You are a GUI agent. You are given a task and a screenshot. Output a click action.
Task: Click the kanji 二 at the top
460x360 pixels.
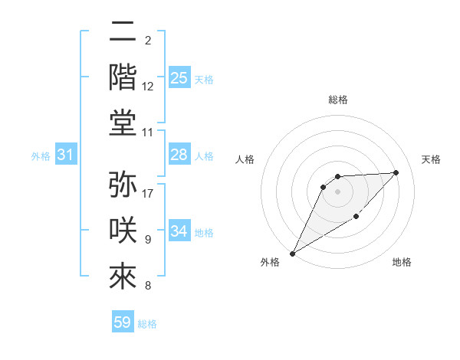pos(123,32)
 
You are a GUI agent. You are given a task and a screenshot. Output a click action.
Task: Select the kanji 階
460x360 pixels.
pos(123,78)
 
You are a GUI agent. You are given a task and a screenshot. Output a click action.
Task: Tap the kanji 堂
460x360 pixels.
pos(123,124)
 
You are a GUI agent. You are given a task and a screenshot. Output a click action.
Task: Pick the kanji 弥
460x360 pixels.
pos(123,185)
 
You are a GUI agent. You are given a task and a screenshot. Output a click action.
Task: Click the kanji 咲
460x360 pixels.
pos(123,231)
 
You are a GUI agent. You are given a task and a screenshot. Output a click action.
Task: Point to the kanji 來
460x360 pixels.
pos(123,277)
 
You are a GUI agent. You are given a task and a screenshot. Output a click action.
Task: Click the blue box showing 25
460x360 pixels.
pos(179,78)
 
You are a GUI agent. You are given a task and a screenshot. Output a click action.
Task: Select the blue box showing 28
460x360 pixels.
pos(179,155)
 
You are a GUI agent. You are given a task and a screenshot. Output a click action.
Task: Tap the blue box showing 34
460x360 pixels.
pos(179,231)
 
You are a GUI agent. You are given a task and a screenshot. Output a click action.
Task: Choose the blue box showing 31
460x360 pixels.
pos(66,155)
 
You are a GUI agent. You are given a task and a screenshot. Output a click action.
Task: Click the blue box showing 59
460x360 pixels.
pos(123,322)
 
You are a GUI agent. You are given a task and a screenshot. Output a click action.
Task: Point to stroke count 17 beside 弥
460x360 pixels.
pos(148,194)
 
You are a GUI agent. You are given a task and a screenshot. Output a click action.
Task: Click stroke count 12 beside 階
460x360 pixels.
pos(148,87)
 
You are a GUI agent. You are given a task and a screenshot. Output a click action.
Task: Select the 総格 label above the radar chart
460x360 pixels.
pos(337,100)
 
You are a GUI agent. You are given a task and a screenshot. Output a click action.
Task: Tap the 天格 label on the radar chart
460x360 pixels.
pos(431,159)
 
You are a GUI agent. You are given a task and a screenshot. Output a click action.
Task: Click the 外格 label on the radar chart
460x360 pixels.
pos(270,262)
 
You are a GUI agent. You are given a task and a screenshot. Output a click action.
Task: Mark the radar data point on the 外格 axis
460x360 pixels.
pos(292,253)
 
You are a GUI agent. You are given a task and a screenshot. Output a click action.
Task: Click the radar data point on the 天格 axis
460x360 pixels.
pos(396,172)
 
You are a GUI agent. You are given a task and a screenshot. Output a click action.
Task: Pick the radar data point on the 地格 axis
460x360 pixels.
pos(356,218)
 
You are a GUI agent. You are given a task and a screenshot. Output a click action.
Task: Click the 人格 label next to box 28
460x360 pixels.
pos(204,155)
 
